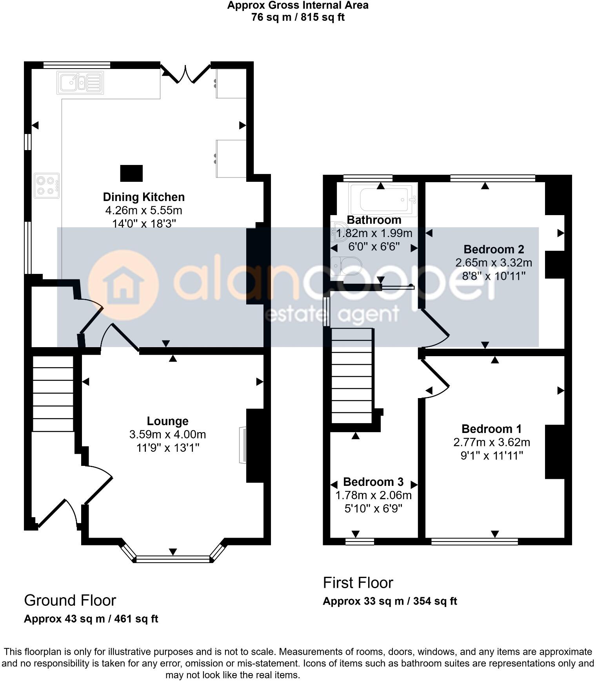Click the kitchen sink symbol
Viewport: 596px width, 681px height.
80,83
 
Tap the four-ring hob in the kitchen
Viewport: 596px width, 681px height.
47,186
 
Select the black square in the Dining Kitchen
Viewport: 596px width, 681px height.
131,173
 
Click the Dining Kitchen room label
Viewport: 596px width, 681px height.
144,197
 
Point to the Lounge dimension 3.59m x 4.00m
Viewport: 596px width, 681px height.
167,435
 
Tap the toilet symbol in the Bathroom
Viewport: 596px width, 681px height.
346,266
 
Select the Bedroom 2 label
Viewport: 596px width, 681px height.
493,249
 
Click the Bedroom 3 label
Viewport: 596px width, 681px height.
373,482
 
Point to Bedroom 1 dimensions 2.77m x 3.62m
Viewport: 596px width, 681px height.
492,442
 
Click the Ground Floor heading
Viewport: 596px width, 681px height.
70,600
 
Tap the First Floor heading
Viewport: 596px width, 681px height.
358,583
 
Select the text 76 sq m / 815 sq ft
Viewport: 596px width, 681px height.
298,18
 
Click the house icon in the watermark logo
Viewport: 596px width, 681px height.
123,286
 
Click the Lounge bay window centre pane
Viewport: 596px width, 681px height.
173,559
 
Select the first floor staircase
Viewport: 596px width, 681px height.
352,375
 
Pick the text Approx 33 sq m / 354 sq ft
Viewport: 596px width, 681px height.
390,601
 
